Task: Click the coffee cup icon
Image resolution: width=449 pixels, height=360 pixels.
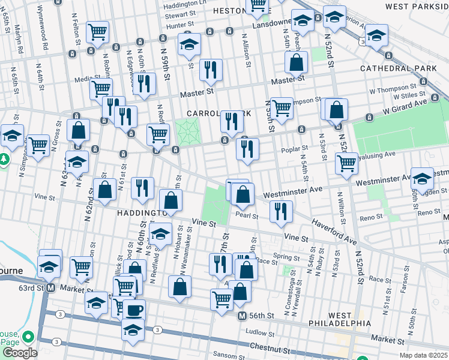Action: pos(135,310)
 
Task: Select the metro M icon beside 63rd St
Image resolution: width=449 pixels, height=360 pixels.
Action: pos(52,287)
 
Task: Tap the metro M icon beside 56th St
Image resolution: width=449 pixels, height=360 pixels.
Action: pos(242,316)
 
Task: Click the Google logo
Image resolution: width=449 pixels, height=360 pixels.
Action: pos(19,352)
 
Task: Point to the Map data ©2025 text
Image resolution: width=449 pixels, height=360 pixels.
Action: pos(423,355)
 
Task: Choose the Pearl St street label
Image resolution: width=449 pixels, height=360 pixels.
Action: pos(246,215)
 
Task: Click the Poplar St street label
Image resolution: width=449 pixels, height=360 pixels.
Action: pos(297,148)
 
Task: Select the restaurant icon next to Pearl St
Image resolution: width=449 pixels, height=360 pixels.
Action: pos(280,211)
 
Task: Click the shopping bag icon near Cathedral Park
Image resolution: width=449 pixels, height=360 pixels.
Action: pos(296,62)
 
